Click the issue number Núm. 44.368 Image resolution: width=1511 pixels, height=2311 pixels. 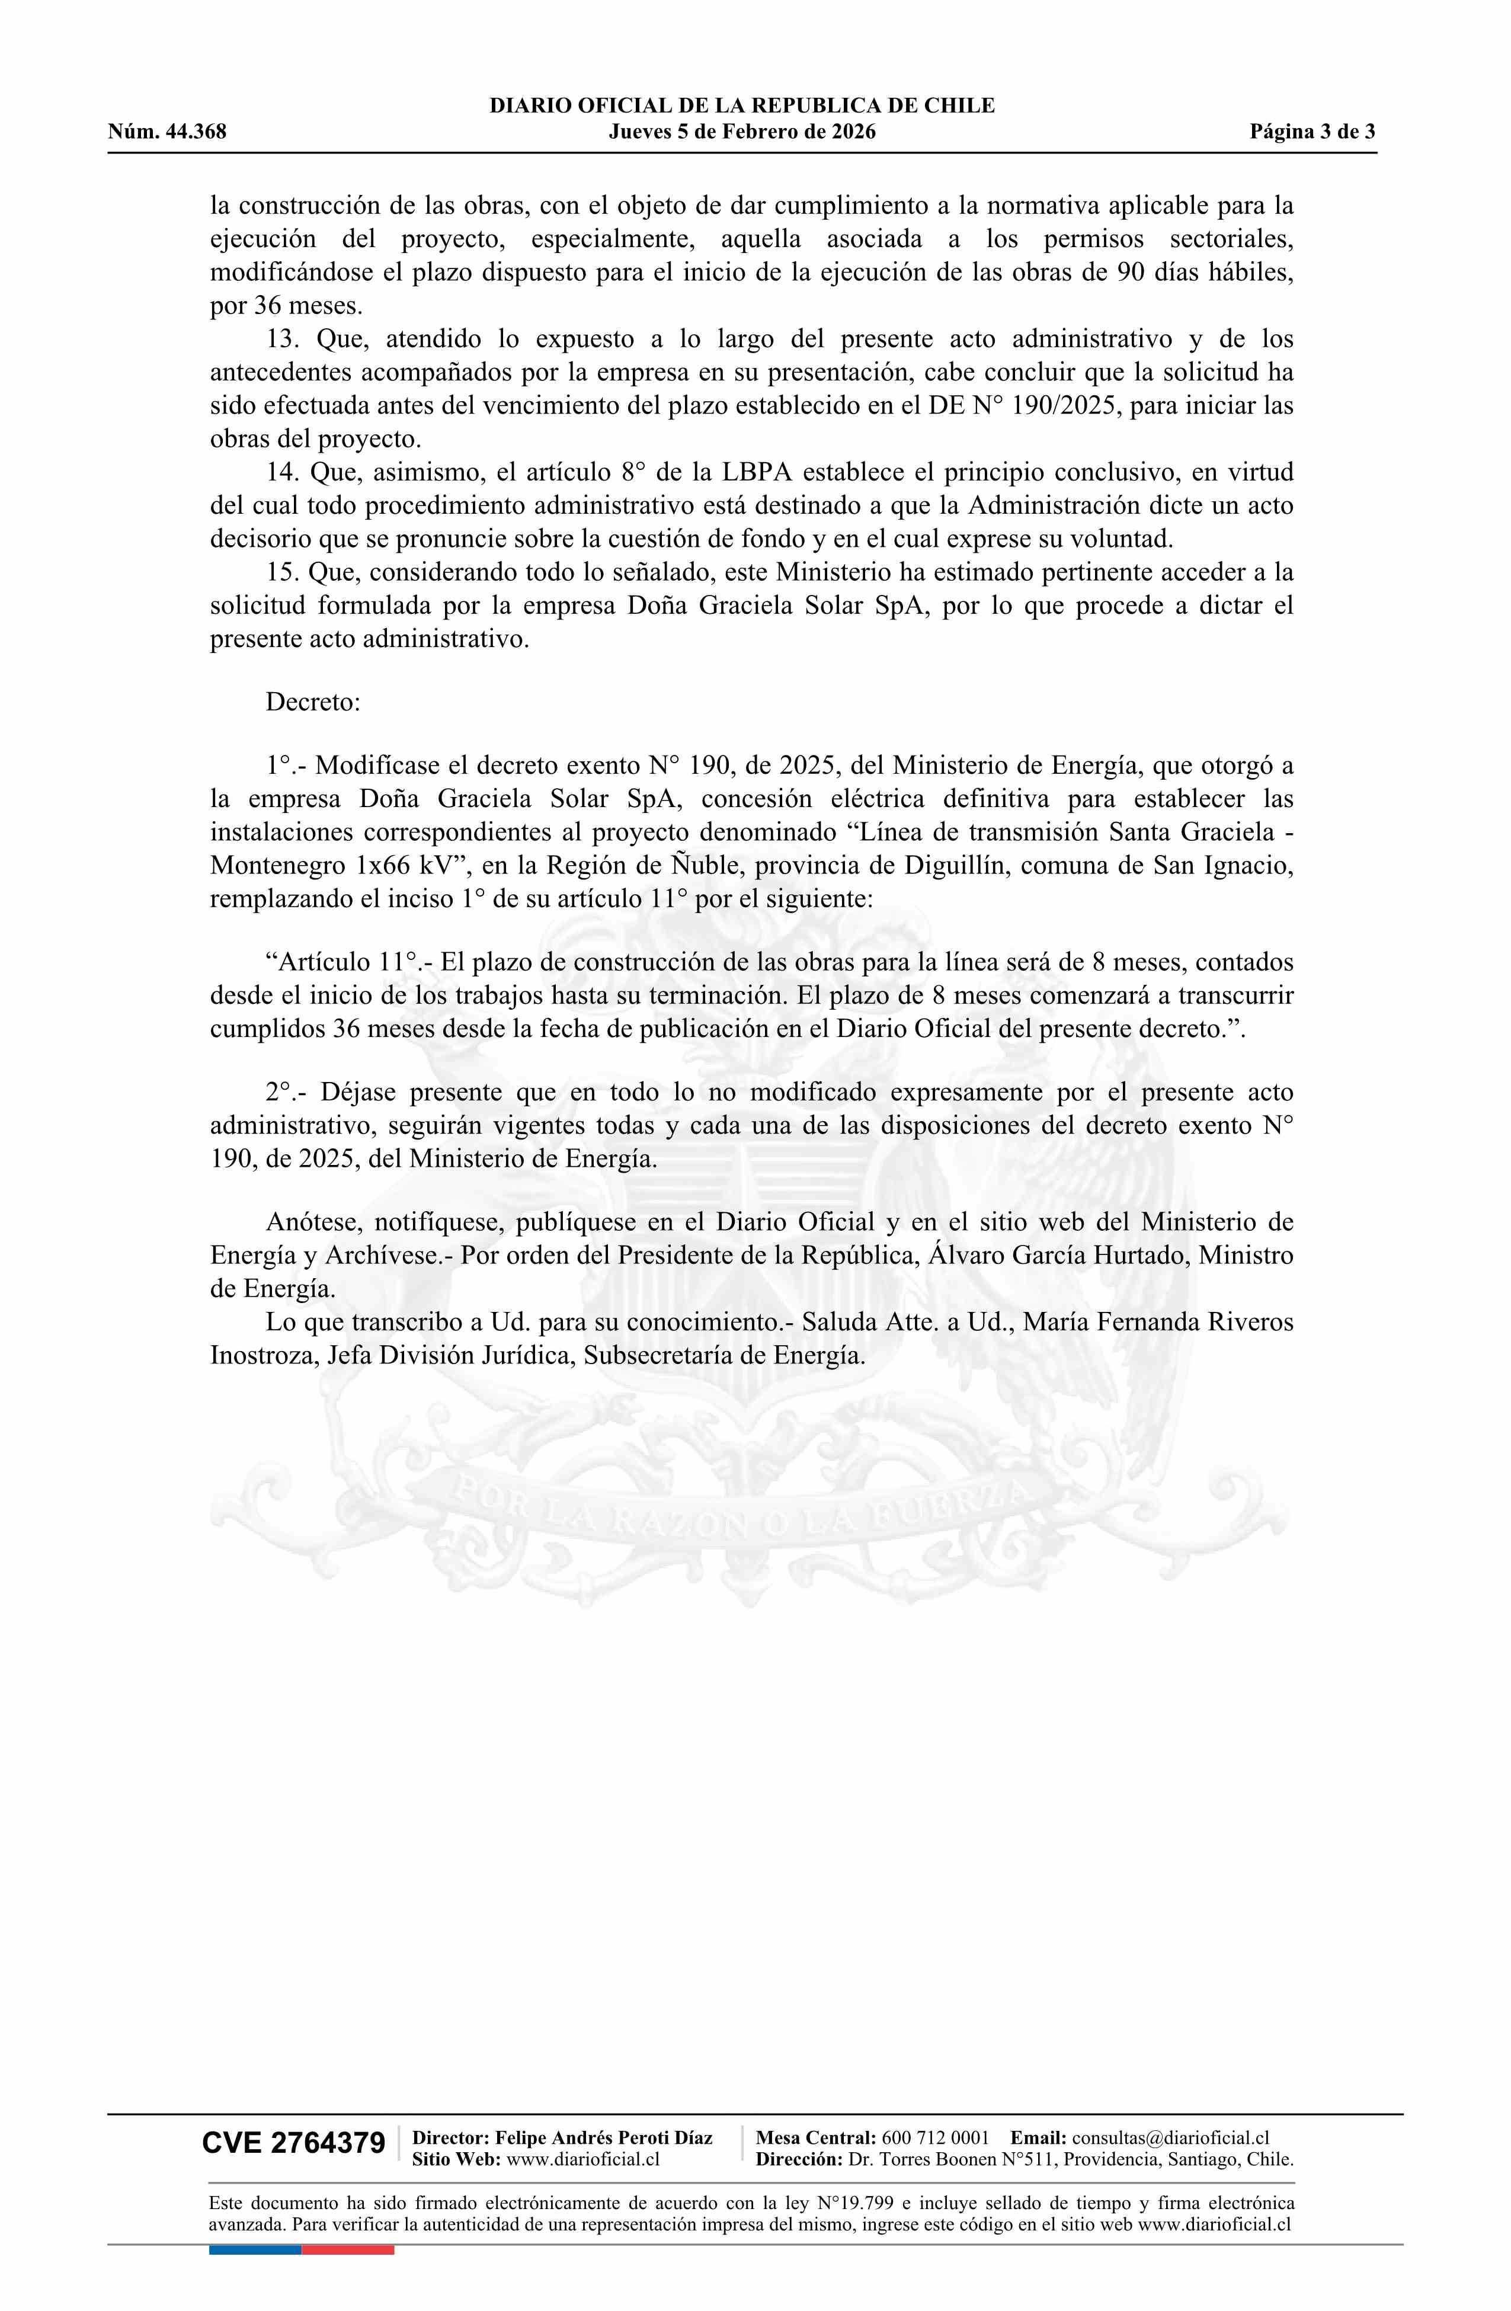point(167,132)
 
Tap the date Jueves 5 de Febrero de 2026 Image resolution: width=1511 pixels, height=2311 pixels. point(742,132)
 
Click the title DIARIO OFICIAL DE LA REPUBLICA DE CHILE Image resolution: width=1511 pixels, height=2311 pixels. point(742,106)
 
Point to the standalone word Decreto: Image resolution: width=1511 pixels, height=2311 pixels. point(313,702)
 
